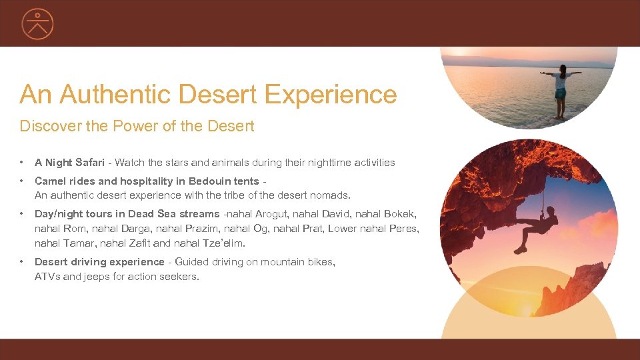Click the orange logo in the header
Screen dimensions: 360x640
click(37, 23)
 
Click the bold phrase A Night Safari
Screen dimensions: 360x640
click(69, 163)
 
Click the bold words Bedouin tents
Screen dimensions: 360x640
click(224, 181)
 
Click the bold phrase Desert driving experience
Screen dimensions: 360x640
click(99, 262)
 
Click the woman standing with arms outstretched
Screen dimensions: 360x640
click(560, 91)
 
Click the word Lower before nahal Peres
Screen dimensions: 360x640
click(358, 229)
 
